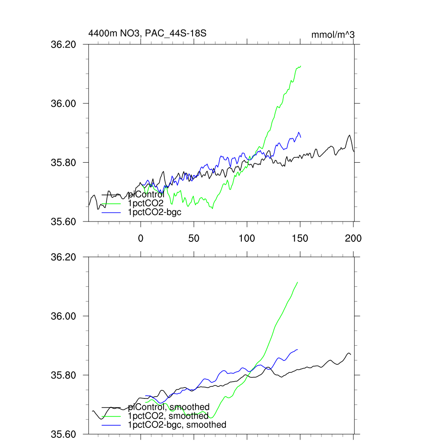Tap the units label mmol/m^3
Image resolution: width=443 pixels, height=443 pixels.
coord(333,35)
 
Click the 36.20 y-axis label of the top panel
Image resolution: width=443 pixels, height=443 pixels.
coord(64,45)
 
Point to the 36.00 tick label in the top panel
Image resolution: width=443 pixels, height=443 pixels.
coord(64,103)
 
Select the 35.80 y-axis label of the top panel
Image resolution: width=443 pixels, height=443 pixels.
coord(64,163)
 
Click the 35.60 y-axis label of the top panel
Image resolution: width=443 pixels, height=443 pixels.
coord(64,221)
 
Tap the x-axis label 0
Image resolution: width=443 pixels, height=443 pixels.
coord(141,238)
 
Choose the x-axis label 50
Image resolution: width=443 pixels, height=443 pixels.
coord(193,238)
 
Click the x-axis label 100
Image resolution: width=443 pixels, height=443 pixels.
coord(247,238)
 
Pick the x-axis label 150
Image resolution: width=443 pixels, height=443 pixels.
coord(300,238)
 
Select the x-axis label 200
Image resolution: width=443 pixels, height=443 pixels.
coord(353,238)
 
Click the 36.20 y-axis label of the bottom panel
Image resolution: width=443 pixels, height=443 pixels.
coord(64,257)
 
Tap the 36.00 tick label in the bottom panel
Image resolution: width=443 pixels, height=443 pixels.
coord(64,316)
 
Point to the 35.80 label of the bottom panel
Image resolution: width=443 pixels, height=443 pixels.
coord(64,375)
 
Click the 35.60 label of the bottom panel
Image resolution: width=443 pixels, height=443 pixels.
coord(64,434)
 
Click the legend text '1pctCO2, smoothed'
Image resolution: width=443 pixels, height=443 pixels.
coord(168,416)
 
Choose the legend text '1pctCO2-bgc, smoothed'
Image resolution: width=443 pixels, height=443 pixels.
coord(177,425)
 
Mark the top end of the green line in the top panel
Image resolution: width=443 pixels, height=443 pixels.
coord(300,66)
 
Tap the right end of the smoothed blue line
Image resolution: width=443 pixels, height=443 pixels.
coord(298,349)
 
